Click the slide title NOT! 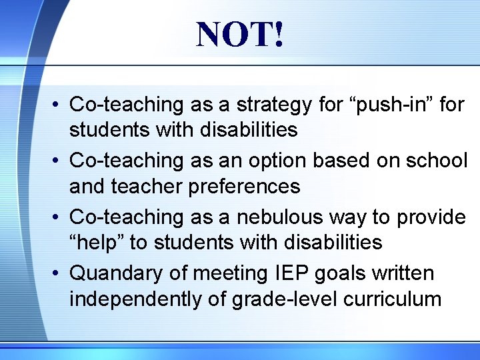pyautogui.click(x=240, y=34)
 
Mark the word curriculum pyautogui.click(x=392, y=299)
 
